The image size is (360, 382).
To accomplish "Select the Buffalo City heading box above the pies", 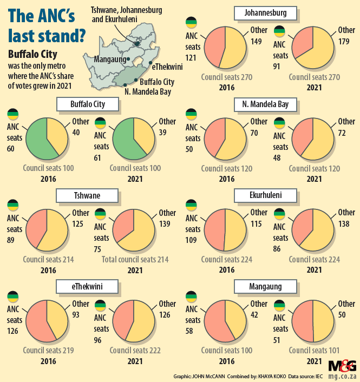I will [x=88, y=104].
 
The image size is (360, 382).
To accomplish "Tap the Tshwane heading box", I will [x=88, y=195].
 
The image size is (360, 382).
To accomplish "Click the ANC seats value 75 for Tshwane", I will [x=101, y=248].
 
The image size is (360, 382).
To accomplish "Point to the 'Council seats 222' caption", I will [x=135, y=351].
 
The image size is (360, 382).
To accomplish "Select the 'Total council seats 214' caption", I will [x=135, y=260].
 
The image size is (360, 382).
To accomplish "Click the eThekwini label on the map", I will [x=167, y=66].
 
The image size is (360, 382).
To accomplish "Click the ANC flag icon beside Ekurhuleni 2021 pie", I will [x=280, y=215].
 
